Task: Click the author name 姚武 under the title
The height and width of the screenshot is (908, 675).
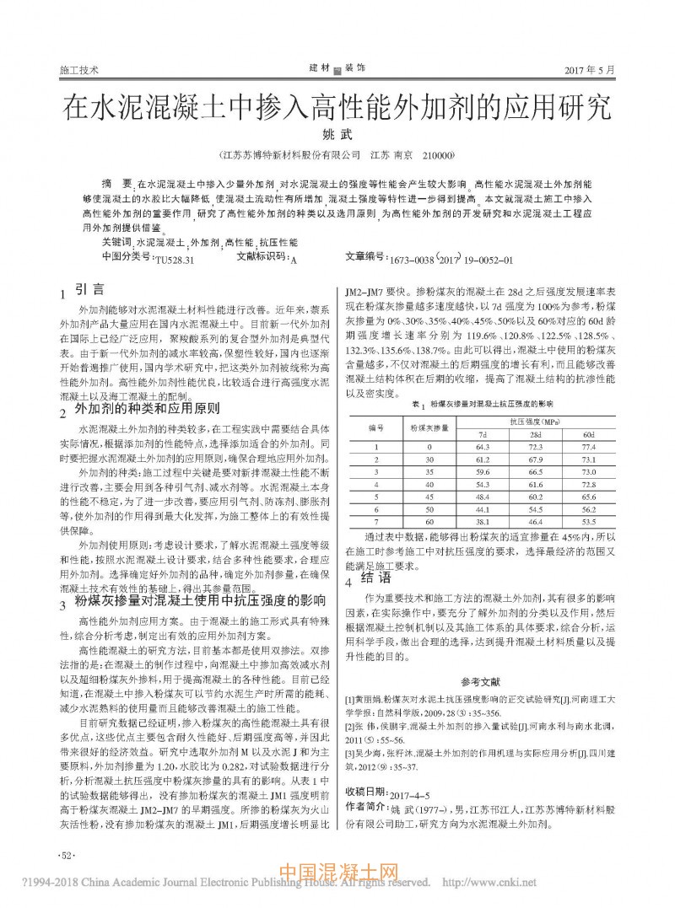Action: (x=336, y=135)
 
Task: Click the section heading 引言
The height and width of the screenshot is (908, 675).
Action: (x=90, y=289)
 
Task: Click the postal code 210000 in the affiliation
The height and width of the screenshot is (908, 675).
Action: (x=437, y=156)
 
